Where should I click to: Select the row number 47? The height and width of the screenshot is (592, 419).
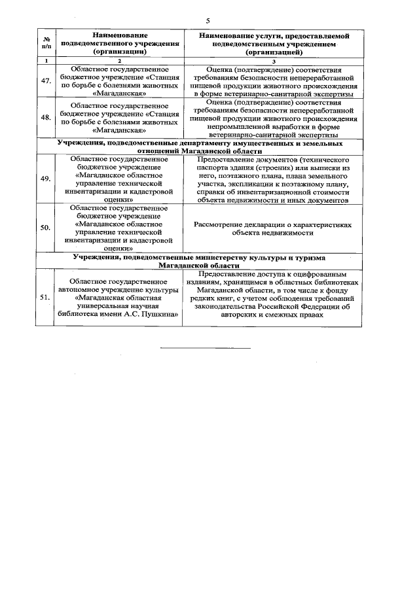[x=46, y=81]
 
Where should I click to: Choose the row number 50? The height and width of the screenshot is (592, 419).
[x=46, y=228]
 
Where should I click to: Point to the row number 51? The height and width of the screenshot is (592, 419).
[x=46, y=297]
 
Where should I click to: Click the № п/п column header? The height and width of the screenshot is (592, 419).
[x=46, y=42]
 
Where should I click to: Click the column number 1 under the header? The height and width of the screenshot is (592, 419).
[x=46, y=60]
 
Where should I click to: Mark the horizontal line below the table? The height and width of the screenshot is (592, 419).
[x=206, y=347]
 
